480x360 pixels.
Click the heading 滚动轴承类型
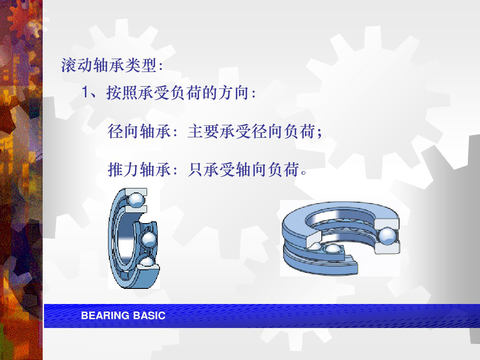109,65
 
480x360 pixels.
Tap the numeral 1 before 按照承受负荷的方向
85,92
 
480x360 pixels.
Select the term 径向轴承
139,132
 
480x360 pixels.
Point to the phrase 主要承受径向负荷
251,132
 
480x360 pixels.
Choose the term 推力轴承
139,170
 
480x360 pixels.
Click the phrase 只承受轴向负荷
243,170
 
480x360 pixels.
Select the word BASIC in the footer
149,316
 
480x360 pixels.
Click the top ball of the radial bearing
136,200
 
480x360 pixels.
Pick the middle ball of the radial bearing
149,239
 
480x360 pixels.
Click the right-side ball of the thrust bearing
388,236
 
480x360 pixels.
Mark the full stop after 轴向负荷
304,172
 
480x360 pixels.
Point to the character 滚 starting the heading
69,65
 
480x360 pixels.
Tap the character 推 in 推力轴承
116,170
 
